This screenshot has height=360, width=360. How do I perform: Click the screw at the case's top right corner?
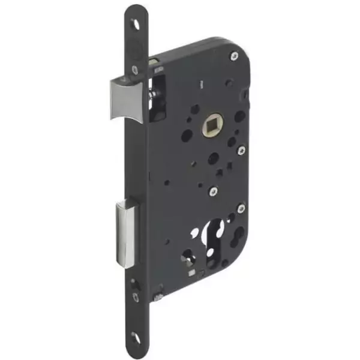[234, 56]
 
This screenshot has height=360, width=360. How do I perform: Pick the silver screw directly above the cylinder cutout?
[213, 191]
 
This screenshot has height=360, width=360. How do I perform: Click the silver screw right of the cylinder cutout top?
[241, 209]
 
